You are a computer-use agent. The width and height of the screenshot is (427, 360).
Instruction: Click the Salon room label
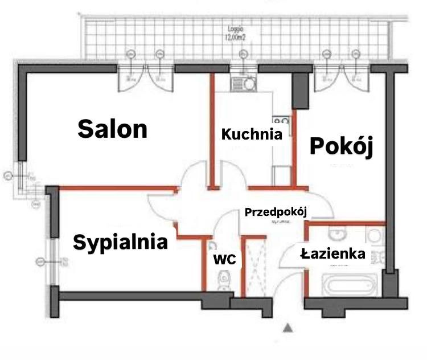[113, 129]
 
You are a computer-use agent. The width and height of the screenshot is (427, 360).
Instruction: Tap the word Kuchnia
[252, 135]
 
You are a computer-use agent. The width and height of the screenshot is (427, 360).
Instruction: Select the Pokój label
[341, 146]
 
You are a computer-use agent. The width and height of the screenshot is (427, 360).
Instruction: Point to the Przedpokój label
[276, 212]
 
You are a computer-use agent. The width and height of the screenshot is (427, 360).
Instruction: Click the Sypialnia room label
[121, 243]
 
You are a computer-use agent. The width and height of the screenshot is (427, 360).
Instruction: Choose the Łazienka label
[333, 254]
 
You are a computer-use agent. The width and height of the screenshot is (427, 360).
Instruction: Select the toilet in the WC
[223, 280]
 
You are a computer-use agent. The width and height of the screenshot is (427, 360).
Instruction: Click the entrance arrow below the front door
[288, 328]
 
